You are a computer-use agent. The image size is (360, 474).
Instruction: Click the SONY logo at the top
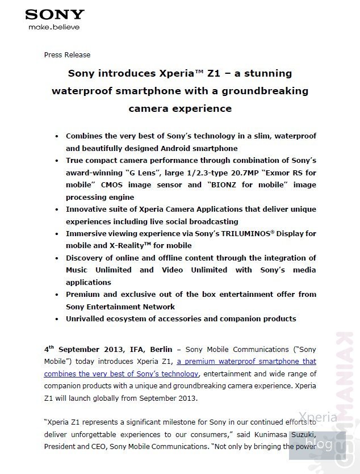click(55, 14)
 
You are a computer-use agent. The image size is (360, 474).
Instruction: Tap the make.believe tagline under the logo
click(54, 27)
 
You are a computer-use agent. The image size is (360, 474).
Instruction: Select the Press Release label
click(67, 55)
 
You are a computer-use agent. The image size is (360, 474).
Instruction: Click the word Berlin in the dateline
click(161, 349)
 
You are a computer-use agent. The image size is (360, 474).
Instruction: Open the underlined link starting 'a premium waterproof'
click(246, 362)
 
